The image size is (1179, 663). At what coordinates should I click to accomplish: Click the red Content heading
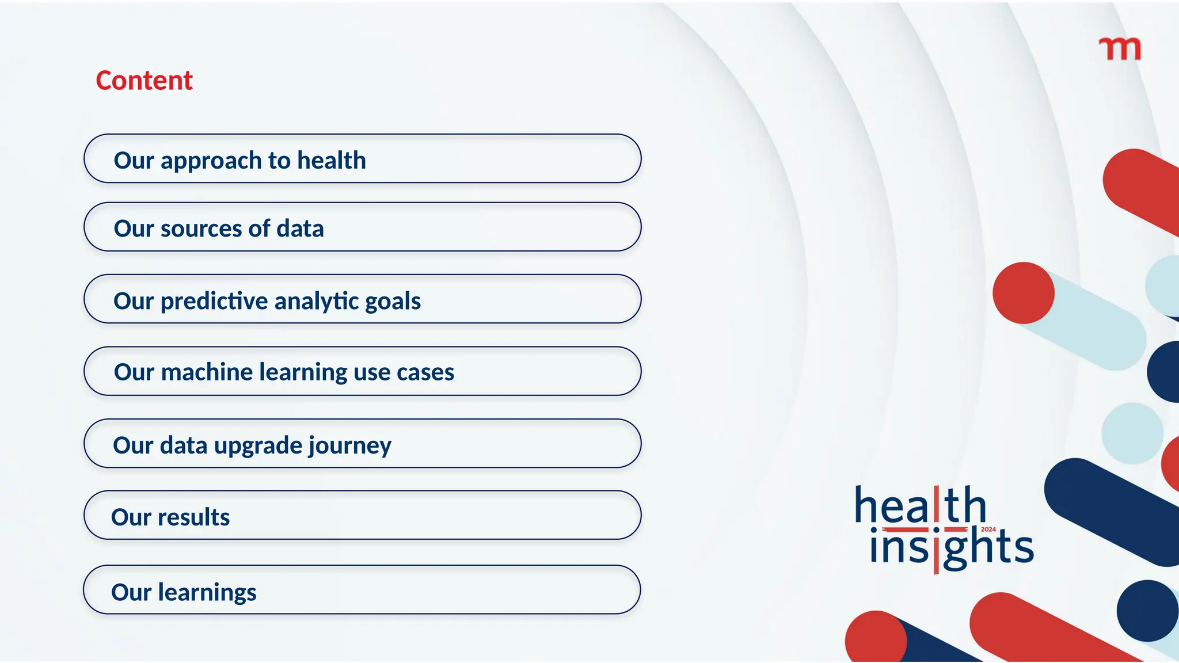click(x=144, y=81)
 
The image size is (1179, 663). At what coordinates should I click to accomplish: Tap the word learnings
click(x=207, y=592)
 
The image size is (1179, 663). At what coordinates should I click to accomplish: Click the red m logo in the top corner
click(x=1120, y=49)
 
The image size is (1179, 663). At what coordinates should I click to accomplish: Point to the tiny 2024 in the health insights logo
click(x=988, y=529)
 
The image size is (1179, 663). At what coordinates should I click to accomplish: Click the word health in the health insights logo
click(x=920, y=505)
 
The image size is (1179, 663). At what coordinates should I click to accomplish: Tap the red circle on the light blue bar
click(x=1023, y=293)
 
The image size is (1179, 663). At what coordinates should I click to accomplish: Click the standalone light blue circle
click(x=1132, y=433)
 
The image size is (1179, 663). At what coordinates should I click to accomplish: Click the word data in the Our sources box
click(x=300, y=228)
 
